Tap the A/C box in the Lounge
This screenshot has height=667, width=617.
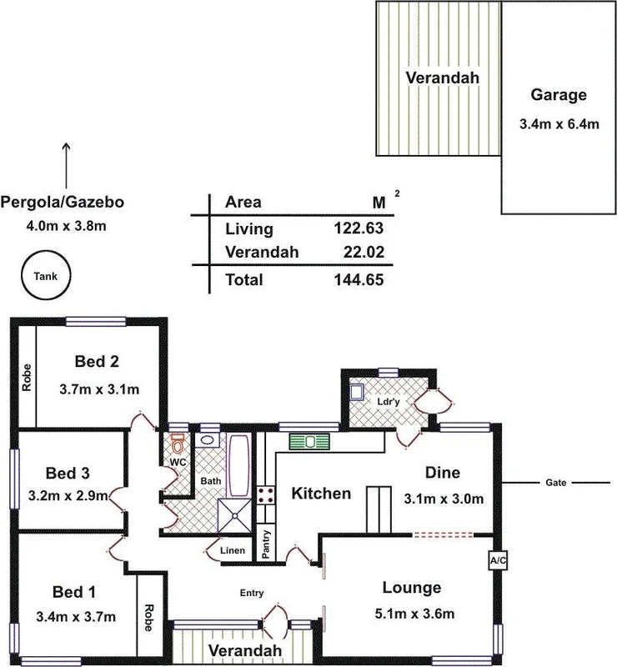pos(499,561)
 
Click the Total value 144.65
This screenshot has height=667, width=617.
pos(357,280)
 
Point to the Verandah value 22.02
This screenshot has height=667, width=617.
pos(361,253)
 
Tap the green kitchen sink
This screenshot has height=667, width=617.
pos(310,441)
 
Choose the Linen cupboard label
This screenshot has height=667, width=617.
pos(232,551)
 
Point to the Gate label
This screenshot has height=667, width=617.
pos(556,484)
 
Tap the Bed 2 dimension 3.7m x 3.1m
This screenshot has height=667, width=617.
pos(99,389)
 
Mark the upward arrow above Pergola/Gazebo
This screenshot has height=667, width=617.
pos(67,163)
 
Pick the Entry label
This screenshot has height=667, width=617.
pos(252,594)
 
